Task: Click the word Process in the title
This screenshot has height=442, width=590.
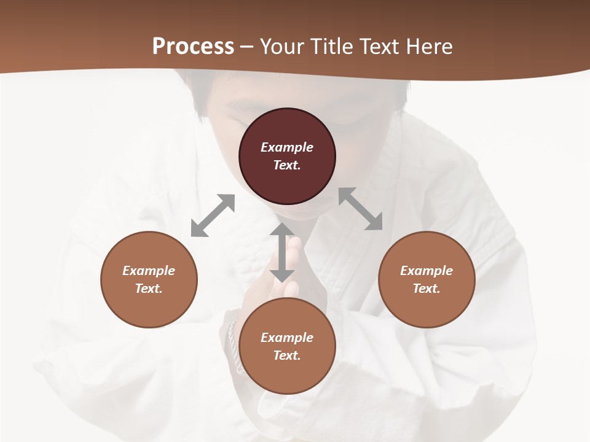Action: tap(193, 47)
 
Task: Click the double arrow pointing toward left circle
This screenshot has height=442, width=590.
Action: tap(213, 215)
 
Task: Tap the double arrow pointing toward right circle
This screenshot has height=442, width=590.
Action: tap(361, 209)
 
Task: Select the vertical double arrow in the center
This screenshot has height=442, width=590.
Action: tap(282, 252)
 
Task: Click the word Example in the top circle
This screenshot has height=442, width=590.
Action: tap(287, 147)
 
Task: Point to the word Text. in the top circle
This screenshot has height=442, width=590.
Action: tap(287, 165)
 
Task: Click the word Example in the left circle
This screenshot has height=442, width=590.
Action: tap(149, 271)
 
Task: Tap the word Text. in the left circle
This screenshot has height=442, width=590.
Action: tap(149, 289)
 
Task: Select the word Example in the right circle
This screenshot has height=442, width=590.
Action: tap(427, 271)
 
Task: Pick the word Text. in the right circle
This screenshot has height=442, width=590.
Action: tap(427, 289)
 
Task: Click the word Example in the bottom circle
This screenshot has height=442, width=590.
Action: tap(287, 338)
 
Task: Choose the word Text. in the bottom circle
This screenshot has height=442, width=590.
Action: tap(287, 355)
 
